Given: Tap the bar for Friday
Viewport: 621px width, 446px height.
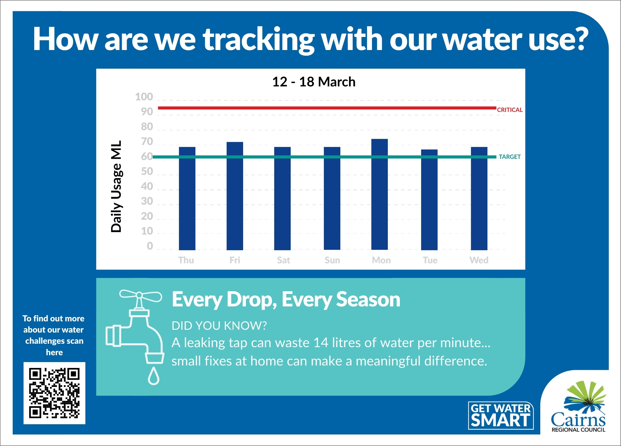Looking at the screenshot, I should point(235,196).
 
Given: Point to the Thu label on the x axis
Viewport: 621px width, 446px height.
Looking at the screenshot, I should point(186,260).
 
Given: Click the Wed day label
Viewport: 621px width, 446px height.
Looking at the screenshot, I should point(479,260).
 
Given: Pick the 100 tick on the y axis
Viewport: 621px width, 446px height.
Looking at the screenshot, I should point(144,97).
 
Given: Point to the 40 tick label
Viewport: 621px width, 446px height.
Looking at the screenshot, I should point(147,186).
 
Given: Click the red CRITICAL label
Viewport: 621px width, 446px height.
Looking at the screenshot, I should point(510,110).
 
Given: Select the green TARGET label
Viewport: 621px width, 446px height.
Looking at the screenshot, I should point(510,157).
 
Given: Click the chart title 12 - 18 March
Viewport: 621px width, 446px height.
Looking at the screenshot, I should point(314,82).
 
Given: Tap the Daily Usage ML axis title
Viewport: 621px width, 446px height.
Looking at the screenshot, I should point(116,186).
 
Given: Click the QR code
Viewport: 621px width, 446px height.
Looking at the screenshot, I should point(54,393).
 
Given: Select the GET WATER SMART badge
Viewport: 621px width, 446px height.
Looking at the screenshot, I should point(501,416).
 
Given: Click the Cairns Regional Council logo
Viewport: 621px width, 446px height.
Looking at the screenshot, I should point(578,407).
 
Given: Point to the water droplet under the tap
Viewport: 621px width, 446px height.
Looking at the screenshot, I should point(153,376).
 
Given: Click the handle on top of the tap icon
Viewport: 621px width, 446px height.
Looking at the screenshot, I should point(140,296).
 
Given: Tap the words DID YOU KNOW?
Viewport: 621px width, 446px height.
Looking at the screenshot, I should point(219,325).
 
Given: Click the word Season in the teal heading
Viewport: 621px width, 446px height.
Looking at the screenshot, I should point(368,299).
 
